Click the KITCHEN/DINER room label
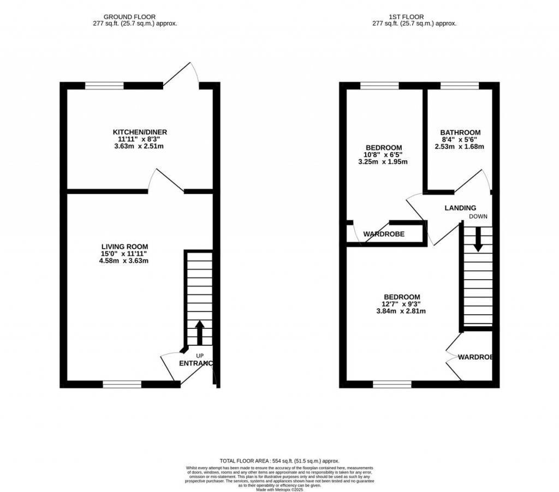(x=140, y=132)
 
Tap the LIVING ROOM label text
(x=121, y=247)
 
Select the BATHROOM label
(x=460, y=133)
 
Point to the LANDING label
(x=460, y=208)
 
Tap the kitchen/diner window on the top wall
(x=104, y=85)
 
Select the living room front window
(x=122, y=384)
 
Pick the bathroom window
(x=460, y=85)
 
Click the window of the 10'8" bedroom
(x=379, y=85)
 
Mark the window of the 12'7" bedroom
(x=392, y=384)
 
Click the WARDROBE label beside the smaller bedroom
(x=384, y=234)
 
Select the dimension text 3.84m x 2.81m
(x=401, y=311)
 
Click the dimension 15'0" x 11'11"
(x=121, y=254)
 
